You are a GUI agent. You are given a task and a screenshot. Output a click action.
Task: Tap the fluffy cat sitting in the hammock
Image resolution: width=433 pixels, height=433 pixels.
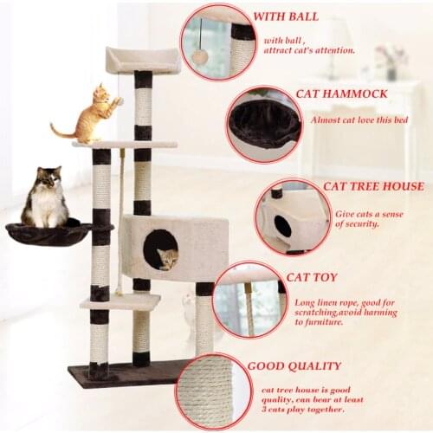coord(46,199)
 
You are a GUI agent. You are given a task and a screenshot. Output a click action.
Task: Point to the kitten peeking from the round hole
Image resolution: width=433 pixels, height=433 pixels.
coord(167,257)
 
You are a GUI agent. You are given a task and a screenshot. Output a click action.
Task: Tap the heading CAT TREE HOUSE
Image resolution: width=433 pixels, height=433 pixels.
coord(373,186)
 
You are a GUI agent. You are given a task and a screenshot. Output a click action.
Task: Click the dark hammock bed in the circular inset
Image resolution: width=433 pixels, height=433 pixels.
coord(264,120)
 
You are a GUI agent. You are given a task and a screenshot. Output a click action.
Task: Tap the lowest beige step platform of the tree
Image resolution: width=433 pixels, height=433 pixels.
coord(121,301)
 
